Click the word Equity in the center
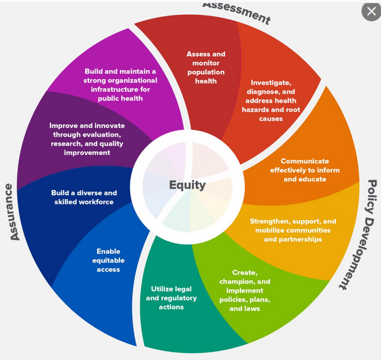click(187, 185)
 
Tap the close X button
click(371, 11)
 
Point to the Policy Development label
click(361, 234)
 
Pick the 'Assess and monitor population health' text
click(206, 67)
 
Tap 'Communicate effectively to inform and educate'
click(305, 170)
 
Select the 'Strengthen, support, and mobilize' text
click(293, 230)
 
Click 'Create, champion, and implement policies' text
click(245, 290)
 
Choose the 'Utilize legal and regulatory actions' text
click(171, 298)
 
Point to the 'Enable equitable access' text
click(108, 261)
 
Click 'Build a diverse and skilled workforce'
click(84, 197)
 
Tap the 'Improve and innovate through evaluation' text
click(87, 139)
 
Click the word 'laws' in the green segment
click(252, 308)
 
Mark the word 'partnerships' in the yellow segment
click(293, 239)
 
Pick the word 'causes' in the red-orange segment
click(271, 119)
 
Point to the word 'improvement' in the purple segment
click(87, 152)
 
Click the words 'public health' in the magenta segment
click(121, 98)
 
